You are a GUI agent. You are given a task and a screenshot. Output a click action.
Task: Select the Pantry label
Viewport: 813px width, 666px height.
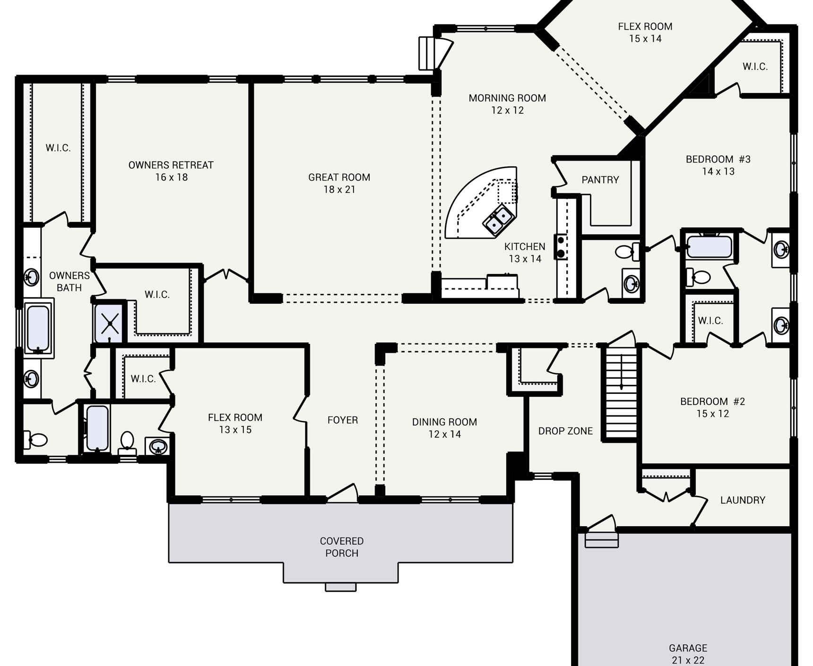(x=600, y=180)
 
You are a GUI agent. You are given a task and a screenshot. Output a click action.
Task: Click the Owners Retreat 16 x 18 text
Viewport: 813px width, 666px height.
(x=171, y=171)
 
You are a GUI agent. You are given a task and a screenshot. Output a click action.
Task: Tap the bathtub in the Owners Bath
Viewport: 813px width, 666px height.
(x=38, y=327)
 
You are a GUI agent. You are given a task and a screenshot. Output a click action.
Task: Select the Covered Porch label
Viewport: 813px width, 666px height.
(x=341, y=547)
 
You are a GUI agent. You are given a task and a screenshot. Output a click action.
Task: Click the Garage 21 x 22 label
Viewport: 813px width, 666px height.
(x=688, y=654)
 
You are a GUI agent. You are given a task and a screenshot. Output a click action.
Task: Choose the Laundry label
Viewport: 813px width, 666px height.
(x=742, y=500)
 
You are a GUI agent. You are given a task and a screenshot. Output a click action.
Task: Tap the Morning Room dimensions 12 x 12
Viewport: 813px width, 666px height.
(x=507, y=111)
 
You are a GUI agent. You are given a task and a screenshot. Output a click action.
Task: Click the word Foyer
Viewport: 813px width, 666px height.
(x=342, y=420)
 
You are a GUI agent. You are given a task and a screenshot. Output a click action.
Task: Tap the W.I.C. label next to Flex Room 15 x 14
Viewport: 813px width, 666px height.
(x=755, y=67)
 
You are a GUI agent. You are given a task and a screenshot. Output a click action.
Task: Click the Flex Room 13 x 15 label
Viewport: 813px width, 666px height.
(x=235, y=423)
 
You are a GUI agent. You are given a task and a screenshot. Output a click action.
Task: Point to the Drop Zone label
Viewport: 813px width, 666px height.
(x=565, y=431)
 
